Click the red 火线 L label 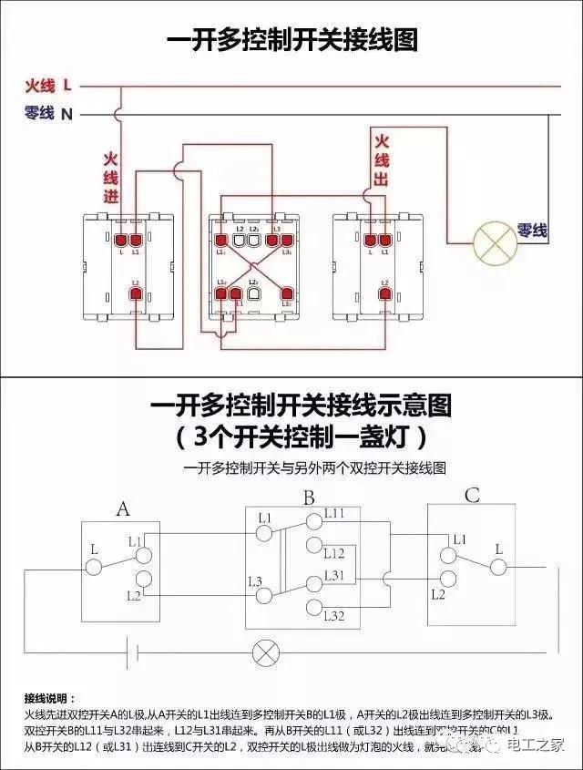[x=48, y=86]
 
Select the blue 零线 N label [x=48, y=114]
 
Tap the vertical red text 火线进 [x=111, y=178]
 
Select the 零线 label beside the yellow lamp [x=532, y=231]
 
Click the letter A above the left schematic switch [x=122, y=509]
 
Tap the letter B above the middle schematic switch [x=309, y=498]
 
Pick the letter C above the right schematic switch [x=472, y=497]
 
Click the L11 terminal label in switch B [x=334, y=514]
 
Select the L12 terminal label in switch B [x=334, y=553]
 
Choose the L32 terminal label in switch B [x=334, y=617]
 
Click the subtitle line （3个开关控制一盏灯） [x=302, y=436]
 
